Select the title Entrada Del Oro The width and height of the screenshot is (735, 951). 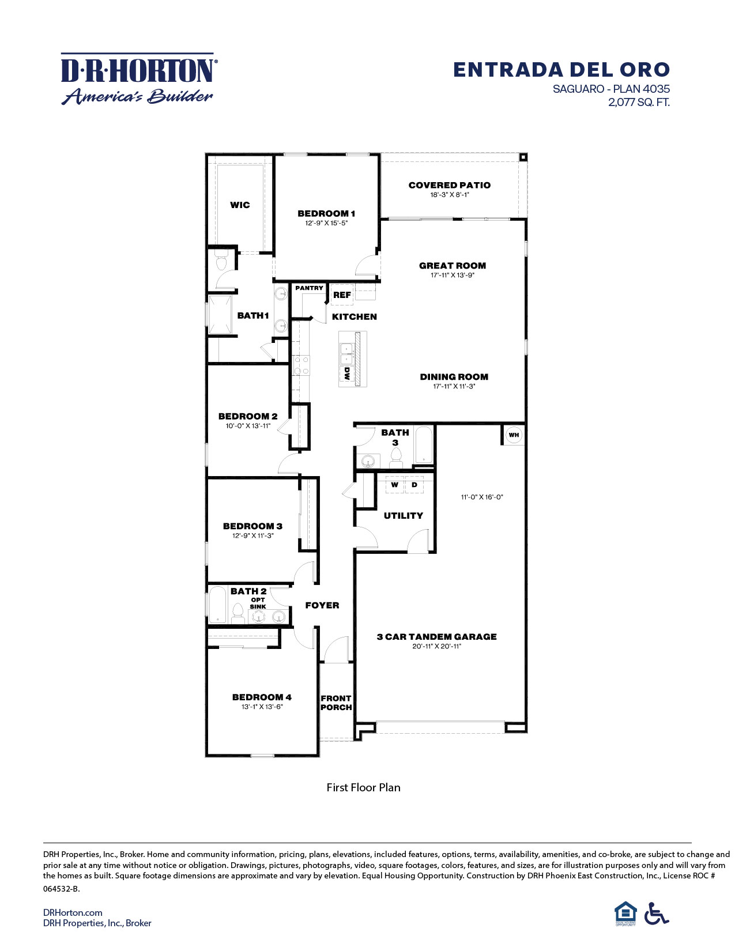pyautogui.click(x=561, y=70)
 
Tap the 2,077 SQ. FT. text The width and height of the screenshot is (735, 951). pyautogui.click(x=639, y=103)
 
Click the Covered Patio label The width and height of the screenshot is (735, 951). pyautogui.click(x=449, y=185)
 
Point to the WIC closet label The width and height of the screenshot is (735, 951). pyautogui.click(x=240, y=205)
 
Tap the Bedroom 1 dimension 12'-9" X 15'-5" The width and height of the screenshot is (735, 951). pyautogui.click(x=326, y=223)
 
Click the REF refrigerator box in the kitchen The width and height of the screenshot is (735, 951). pyautogui.click(x=342, y=295)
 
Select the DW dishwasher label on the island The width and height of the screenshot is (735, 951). pyautogui.click(x=347, y=373)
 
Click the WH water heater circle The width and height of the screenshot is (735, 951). pyautogui.click(x=514, y=435)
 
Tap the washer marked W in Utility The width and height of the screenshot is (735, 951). pyautogui.click(x=395, y=485)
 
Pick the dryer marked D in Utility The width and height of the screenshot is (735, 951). pyautogui.click(x=414, y=485)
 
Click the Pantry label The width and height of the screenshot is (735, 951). pyautogui.click(x=309, y=288)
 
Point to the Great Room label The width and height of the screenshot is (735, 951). pyautogui.click(x=452, y=266)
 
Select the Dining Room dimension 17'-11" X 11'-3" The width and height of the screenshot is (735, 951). pyautogui.click(x=454, y=387)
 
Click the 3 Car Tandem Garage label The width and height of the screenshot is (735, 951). pyautogui.click(x=436, y=636)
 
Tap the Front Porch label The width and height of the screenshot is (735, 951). pyautogui.click(x=336, y=703)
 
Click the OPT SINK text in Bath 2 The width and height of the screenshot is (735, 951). pyautogui.click(x=258, y=603)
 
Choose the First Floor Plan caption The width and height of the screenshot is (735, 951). pyautogui.click(x=363, y=787)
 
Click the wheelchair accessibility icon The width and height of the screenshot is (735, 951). pyautogui.click(x=656, y=913)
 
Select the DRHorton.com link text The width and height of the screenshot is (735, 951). pyautogui.click(x=73, y=912)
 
